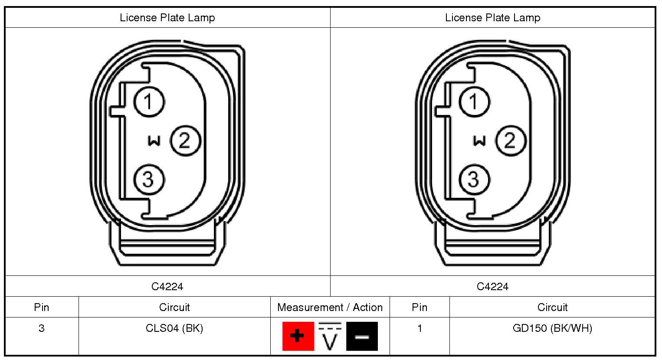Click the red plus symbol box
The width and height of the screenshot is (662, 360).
pyautogui.click(x=298, y=336)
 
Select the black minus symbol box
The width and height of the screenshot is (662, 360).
pyautogui.click(x=362, y=336)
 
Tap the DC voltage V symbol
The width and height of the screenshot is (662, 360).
pyautogui.click(x=330, y=336)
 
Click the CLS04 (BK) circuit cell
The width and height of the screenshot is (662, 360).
pyautogui.click(x=174, y=328)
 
